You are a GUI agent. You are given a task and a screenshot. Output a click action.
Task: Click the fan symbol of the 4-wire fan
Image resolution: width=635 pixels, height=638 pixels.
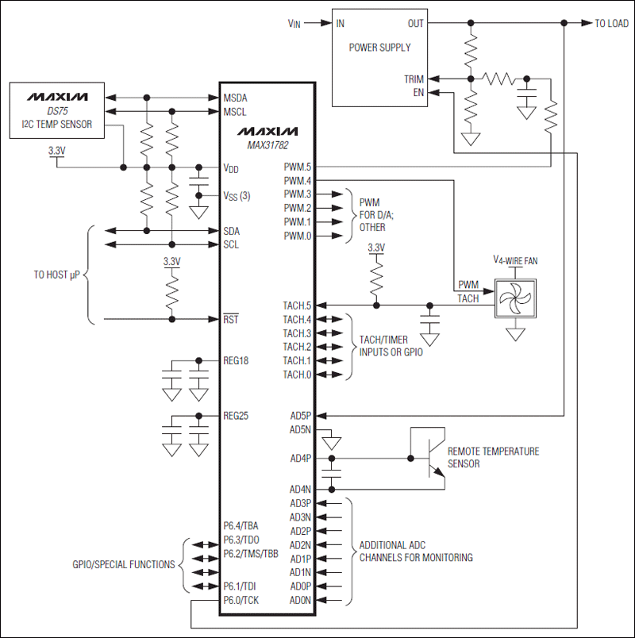coord(514,299)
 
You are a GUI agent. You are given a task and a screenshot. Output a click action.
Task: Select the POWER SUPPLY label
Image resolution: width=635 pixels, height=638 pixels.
coord(379,48)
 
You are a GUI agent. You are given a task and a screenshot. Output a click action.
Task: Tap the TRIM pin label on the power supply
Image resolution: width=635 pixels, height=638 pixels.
coord(414,79)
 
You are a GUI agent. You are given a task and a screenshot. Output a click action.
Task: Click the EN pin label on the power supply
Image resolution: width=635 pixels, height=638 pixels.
coord(418,92)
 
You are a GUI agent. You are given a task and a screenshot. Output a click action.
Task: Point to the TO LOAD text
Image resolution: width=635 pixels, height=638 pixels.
coord(611,24)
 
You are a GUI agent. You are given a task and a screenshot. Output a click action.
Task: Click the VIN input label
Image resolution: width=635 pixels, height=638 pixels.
coord(294,24)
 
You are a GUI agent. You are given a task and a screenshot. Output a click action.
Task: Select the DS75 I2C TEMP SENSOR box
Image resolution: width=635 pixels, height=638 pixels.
coord(56,110)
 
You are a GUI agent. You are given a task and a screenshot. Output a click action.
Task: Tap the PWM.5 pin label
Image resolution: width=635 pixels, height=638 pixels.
coord(297,167)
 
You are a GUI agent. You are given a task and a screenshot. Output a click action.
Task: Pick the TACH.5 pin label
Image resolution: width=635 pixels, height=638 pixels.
coord(297,306)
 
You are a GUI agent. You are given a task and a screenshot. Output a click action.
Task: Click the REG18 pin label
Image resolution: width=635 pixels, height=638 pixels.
coord(237,360)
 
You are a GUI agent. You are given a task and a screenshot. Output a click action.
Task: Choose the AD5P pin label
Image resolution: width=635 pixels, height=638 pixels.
coord(301,415)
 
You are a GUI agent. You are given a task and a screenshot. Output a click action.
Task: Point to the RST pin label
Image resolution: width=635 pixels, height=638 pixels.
coord(231,319)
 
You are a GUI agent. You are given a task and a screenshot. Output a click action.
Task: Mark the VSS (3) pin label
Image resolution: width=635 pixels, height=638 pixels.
coord(237,195)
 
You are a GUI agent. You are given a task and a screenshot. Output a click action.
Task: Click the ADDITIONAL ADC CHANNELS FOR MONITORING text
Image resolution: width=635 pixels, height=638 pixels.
coord(416,552)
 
